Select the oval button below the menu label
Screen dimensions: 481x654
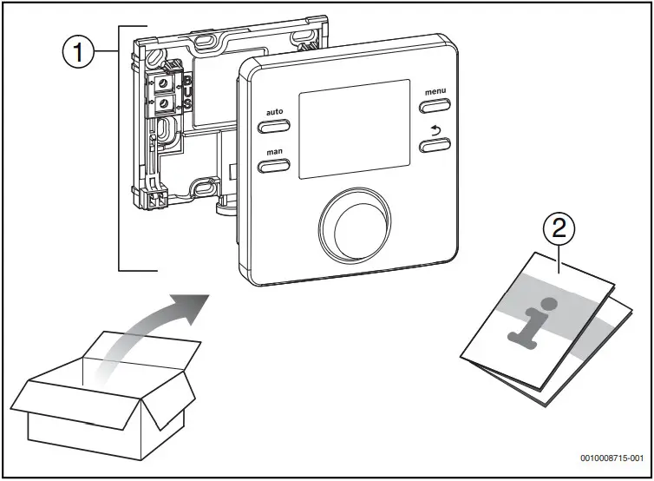[436, 106]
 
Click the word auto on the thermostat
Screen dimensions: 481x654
[273, 112]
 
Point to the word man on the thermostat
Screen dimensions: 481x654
[273, 152]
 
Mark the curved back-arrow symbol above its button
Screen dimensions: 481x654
[435, 129]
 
